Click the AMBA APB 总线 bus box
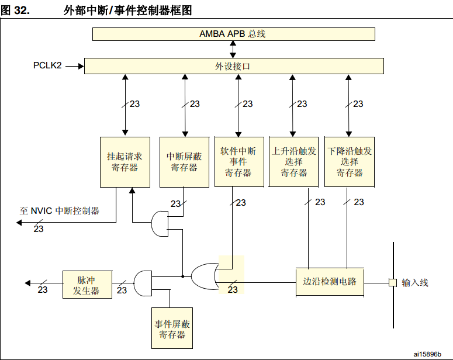[233, 34]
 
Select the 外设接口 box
[233, 66]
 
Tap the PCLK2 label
[47, 65]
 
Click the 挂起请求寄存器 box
[125, 162]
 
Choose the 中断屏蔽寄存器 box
[184, 162]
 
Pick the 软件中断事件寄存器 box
[238, 162]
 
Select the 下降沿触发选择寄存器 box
[350, 162]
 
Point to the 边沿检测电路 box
[330, 282]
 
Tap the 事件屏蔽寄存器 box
[172, 328]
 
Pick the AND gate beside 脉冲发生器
[143, 283]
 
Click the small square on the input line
[393, 283]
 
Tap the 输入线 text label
[415, 283]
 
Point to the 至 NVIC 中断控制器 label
[59, 210]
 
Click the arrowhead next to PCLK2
[80, 66]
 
